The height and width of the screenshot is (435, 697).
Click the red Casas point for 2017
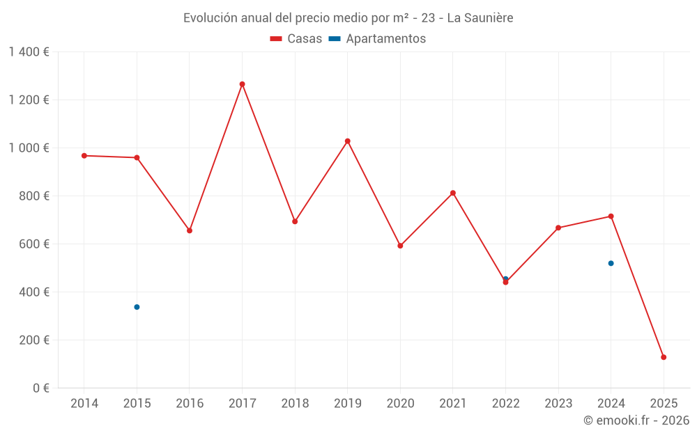pos(242,84)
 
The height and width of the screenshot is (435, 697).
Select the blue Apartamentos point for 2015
pos(137,307)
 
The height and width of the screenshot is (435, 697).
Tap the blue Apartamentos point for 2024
pos(611,263)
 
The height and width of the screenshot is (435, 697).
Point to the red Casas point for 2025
pos(664,357)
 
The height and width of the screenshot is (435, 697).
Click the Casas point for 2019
pos(347,141)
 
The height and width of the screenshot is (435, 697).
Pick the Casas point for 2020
pos(400,246)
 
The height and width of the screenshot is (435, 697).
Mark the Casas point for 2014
pos(84,156)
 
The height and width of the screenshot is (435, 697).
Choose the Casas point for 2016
pos(190,230)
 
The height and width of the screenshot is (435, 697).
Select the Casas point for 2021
pos(453,193)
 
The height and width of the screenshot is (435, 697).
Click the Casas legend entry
pos(296,39)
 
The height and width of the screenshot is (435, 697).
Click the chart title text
pos(348,18)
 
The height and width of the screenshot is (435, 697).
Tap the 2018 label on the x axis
pos(295,404)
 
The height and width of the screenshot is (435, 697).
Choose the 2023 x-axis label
pos(558,404)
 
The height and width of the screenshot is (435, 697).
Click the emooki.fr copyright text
pos(636,420)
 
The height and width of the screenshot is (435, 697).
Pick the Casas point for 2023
pos(558,228)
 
